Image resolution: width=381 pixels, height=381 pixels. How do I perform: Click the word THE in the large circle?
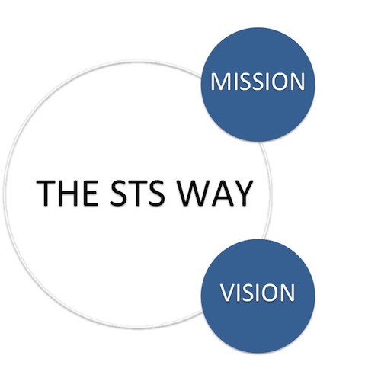point(67,193)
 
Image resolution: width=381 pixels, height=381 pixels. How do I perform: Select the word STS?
point(137,193)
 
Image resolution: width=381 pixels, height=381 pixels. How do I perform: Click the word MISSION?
point(258,82)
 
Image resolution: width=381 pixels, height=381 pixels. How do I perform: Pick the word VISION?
point(258,293)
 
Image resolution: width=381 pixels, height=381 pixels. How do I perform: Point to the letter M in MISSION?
point(219,82)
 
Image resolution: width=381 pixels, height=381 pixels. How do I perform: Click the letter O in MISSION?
point(279,82)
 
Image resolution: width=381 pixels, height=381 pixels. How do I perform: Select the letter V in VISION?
point(228,293)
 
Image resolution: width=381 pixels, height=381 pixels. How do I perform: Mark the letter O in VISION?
point(270,293)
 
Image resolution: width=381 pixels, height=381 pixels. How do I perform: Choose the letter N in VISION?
point(288,293)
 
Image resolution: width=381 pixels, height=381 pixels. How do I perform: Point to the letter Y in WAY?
point(243,193)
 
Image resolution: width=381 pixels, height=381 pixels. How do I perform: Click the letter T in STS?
point(137,193)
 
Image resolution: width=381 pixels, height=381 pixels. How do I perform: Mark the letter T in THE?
point(46,193)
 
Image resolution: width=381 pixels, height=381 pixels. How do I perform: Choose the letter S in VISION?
point(248,293)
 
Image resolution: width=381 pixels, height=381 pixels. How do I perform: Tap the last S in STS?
point(156,193)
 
